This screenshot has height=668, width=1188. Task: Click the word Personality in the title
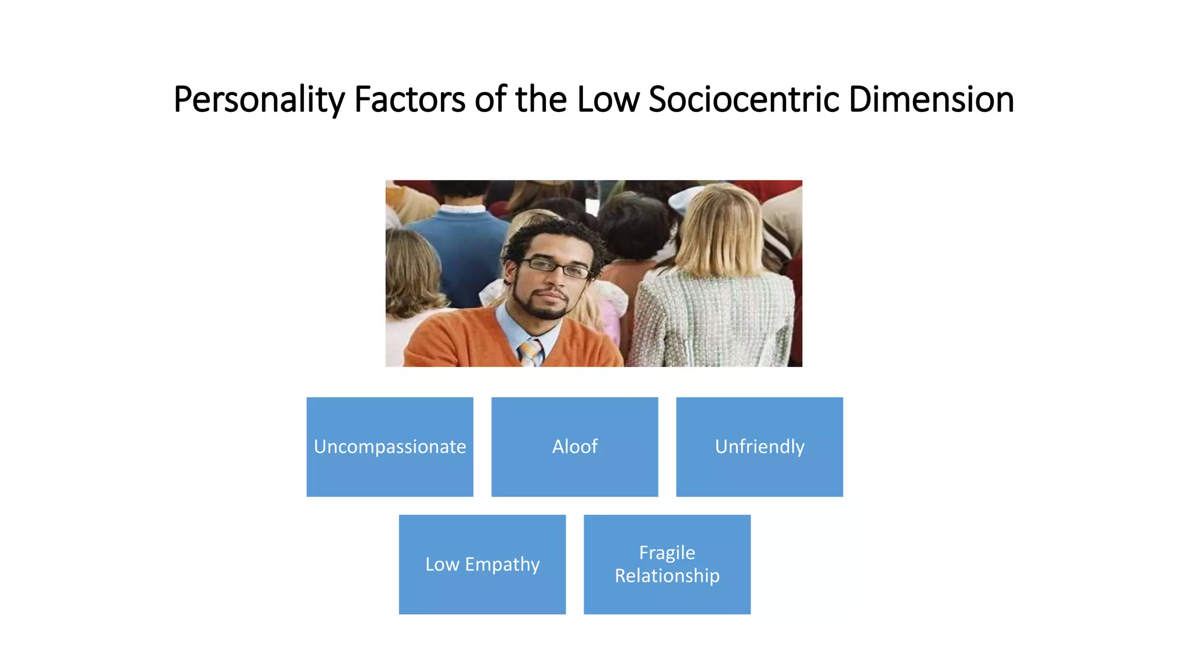pyautogui.click(x=259, y=100)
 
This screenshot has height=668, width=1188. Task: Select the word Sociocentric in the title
pyautogui.click(x=744, y=100)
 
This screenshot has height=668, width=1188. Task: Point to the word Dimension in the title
pyautogui.click(x=931, y=100)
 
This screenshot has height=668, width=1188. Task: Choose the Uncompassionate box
pyautogui.click(x=390, y=446)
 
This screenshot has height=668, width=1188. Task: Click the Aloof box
pyautogui.click(x=574, y=446)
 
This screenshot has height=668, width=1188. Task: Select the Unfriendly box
pyautogui.click(x=759, y=446)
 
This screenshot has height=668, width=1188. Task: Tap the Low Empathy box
pyautogui.click(x=482, y=564)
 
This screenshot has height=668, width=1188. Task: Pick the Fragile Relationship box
pyautogui.click(x=667, y=564)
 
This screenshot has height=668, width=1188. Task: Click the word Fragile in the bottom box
pyautogui.click(x=667, y=553)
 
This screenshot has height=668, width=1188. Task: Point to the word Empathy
pyautogui.click(x=502, y=565)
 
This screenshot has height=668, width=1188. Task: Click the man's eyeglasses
pyautogui.click(x=556, y=267)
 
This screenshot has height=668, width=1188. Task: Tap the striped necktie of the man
pyautogui.click(x=530, y=353)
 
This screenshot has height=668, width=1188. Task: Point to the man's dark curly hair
pyautogui.click(x=551, y=235)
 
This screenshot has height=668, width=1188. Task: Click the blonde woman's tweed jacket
pyautogui.click(x=713, y=319)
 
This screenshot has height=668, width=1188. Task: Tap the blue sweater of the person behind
pyautogui.click(x=464, y=249)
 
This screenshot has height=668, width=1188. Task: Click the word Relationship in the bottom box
pyautogui.click(x=667, y=576)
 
